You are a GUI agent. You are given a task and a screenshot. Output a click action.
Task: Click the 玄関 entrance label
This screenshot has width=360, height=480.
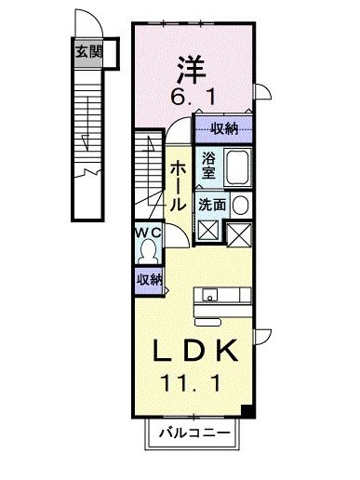pyautogui.click(x=88, y=53)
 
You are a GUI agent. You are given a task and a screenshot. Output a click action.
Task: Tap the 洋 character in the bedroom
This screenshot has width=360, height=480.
pyautogui.click(x=191, y=70)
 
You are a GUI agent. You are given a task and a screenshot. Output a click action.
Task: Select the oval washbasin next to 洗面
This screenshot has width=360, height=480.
pyautogui.click(x=240, y=205)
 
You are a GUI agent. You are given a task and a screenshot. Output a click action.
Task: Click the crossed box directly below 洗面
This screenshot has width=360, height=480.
pyautogui.click(x=208, y=232)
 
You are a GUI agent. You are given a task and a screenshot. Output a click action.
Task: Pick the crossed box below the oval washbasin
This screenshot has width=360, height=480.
pyautogui.click(x=240, y=233)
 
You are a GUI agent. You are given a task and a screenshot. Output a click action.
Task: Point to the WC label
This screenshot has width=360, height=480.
pyautogui.click(x=149, y=232)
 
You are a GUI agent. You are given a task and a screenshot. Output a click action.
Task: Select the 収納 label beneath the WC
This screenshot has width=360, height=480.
pyautogui.click(x=150, y=279)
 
